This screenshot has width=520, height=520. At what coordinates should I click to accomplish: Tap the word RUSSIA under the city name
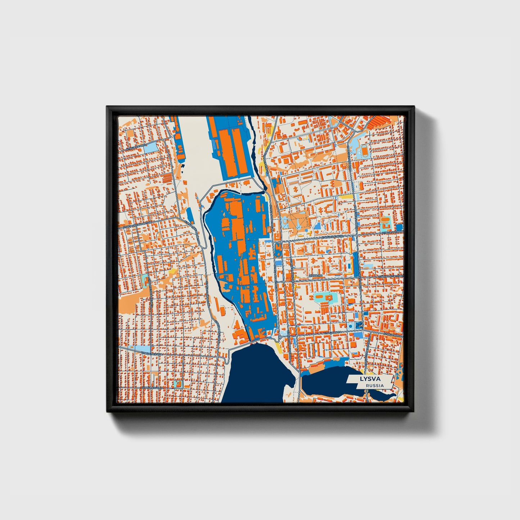pos(374,385)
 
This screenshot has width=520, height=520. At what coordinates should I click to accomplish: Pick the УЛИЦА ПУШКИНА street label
pos(152,387)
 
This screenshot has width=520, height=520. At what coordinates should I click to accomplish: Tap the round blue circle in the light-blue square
pos(351,326)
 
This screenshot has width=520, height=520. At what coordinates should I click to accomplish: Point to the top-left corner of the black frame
pos(107,107)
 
